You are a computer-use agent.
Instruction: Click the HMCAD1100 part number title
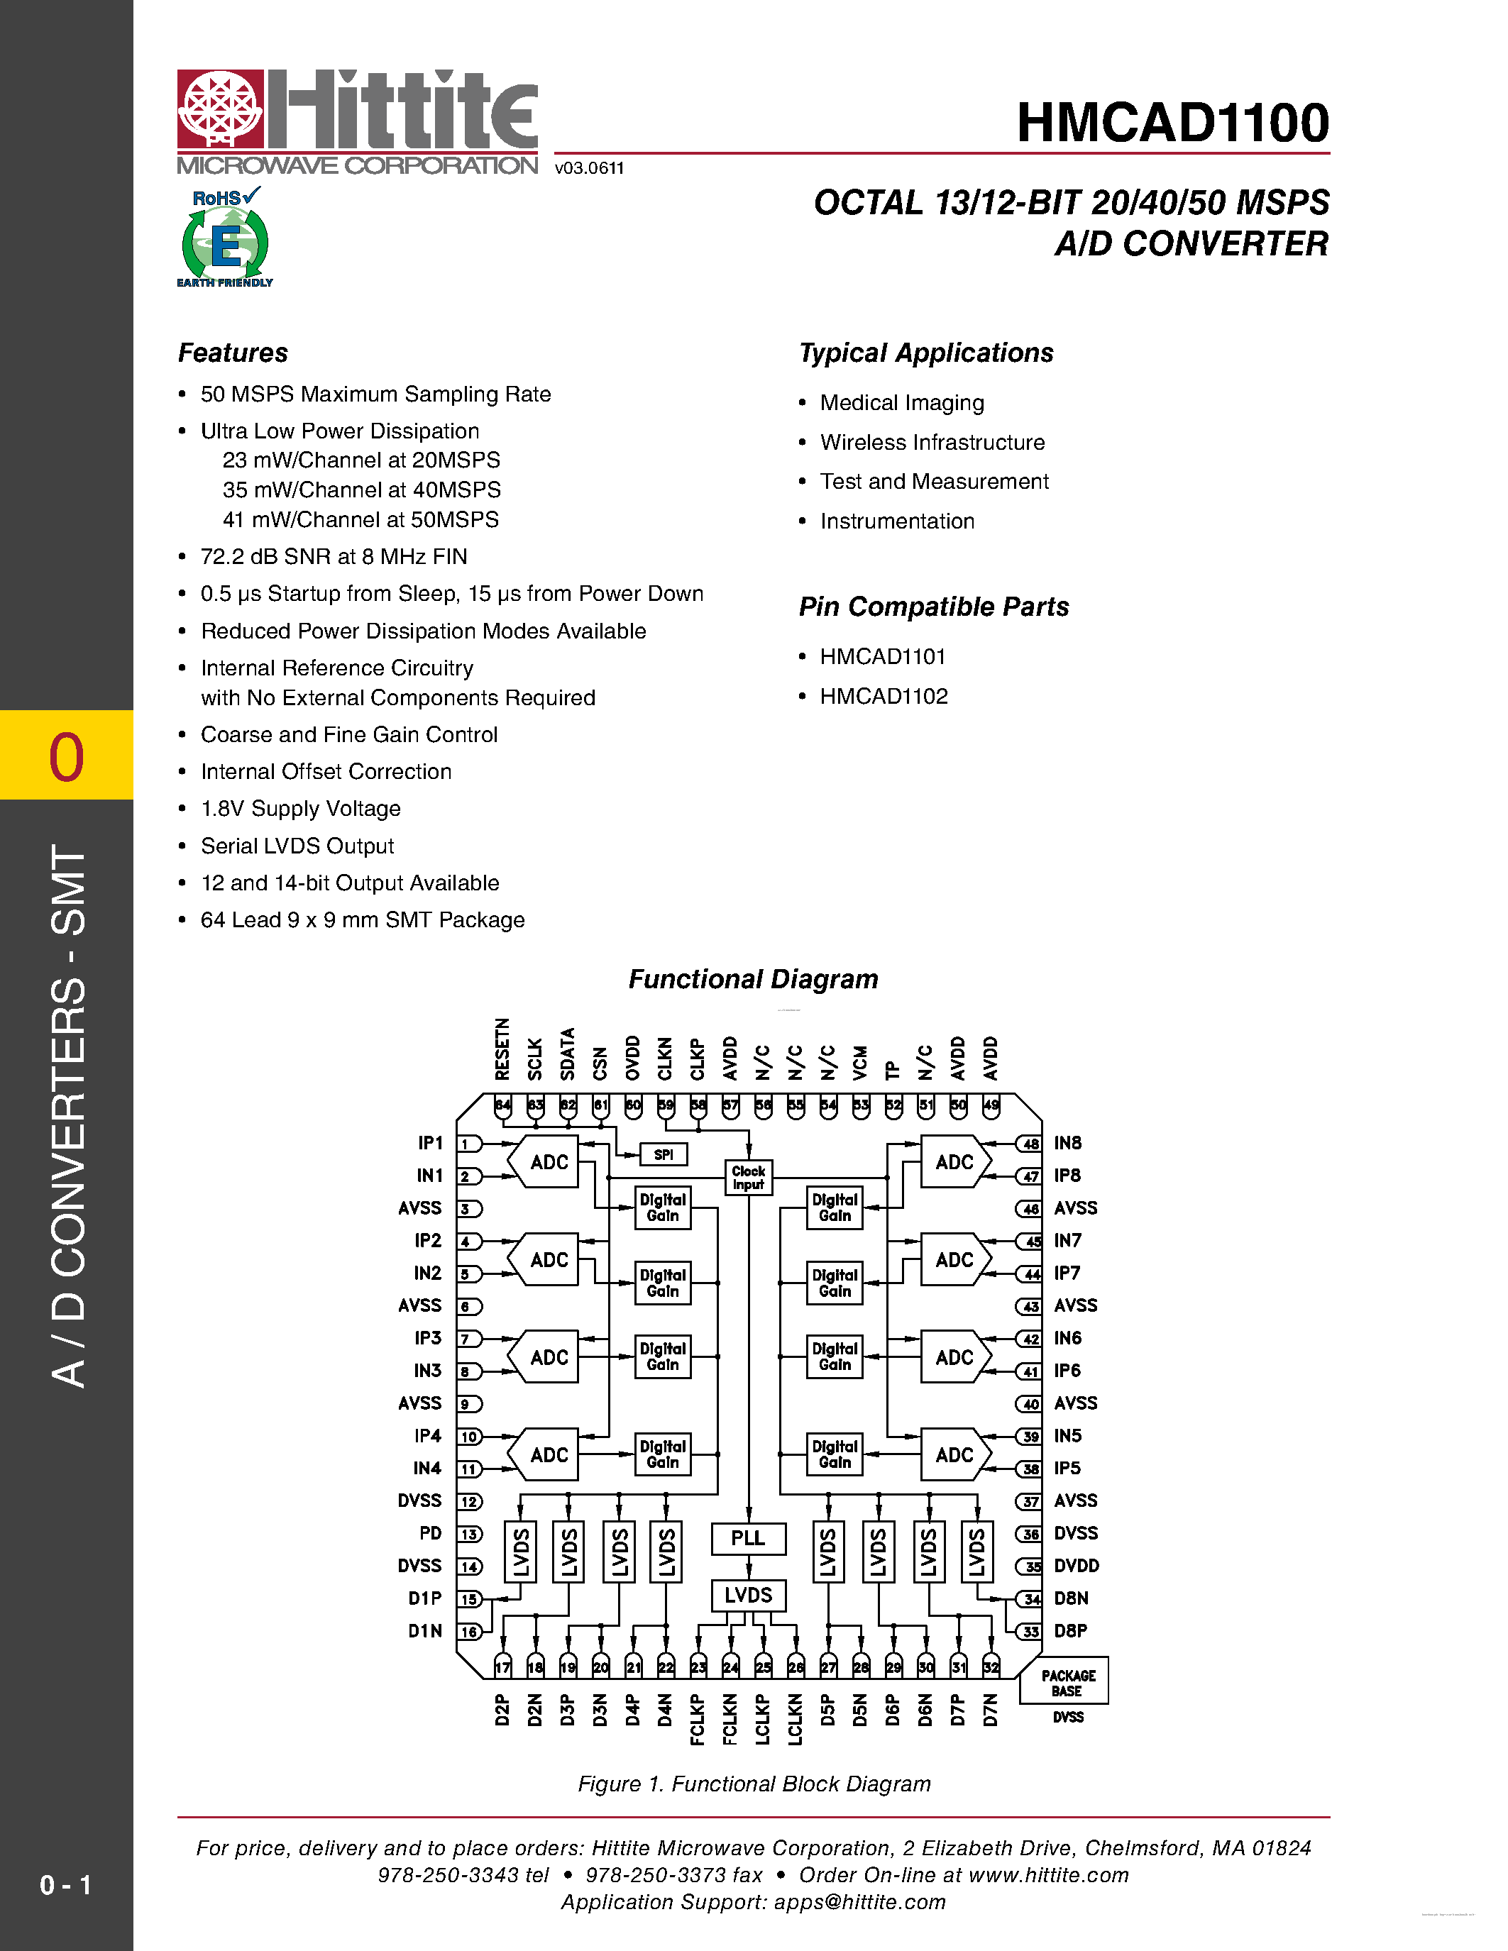coord(1172,123)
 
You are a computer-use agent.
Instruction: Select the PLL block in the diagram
coord(748,1538)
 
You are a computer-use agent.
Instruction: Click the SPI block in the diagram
coord(663,1154)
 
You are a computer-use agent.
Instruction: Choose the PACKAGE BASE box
coord(1067,1683)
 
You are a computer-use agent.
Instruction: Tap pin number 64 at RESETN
coord(503,1105)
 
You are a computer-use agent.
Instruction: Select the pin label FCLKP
coord(697,1719)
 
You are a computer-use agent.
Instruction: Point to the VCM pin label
coord(860,1062)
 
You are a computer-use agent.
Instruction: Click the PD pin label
coord(431,1533)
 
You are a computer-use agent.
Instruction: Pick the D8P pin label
coord(1070,1630)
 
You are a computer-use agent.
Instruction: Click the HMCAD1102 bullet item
coord(884,696)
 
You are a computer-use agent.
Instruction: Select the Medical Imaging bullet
coord(901,403)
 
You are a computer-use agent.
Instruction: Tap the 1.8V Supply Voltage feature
coord(300,809)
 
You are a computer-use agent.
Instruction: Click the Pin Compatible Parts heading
coord(934,607)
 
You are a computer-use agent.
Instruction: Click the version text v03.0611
coord(589,168)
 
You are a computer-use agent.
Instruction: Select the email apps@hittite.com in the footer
coord(859,1902)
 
